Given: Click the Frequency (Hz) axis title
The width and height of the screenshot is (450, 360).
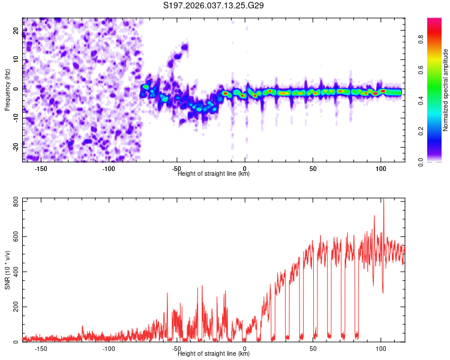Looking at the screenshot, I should pos(8,89).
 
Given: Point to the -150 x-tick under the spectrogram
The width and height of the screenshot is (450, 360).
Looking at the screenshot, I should pos(41,169).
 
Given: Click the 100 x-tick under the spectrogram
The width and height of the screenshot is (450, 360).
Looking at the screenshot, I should pos(380,169).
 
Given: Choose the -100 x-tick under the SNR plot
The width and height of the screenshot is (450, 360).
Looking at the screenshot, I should pos(109,349).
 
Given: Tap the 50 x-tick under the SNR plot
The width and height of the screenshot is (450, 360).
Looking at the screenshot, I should pos(313,349).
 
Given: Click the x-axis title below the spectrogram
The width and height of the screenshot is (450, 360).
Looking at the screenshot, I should pos(214,174).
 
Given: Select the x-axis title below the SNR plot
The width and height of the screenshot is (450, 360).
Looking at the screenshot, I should pos(214,354).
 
